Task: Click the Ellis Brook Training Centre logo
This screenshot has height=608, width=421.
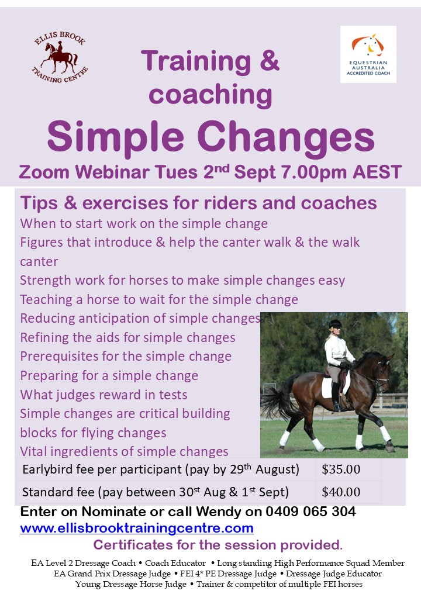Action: (x=60, y=57)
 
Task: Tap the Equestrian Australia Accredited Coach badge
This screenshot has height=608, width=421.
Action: (x=368, y=54)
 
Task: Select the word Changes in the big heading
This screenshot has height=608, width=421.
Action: (x=286, y=137)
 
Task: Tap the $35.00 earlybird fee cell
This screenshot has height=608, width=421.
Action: (x=341, y=469)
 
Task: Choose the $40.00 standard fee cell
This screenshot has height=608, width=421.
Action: (x=341, y=492)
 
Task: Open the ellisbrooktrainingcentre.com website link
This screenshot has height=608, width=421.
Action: (x=137, y=528)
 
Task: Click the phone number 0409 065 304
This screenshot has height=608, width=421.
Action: (x=310, y=512)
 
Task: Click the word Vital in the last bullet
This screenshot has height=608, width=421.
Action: (x=33, y=451)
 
